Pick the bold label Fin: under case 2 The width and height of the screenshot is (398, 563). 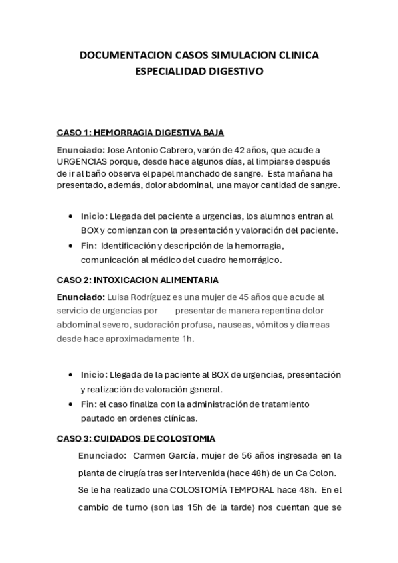pos(88,404)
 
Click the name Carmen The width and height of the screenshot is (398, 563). pos(152,455)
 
